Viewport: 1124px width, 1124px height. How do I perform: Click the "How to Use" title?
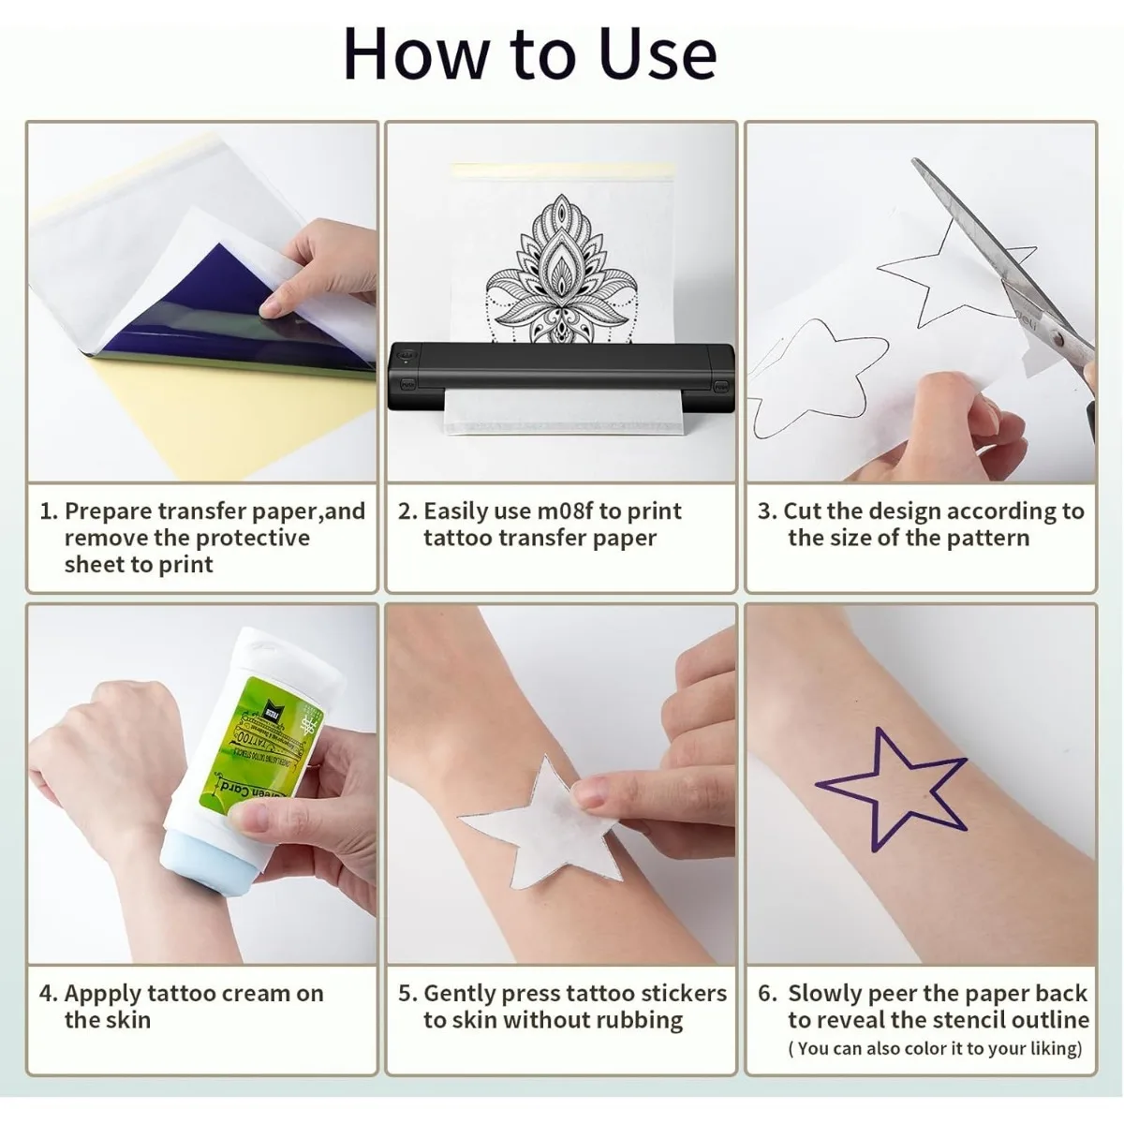[x=530, y=53]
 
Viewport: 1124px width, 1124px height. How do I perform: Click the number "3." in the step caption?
[x=767, y=511]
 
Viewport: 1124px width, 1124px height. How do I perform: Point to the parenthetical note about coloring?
[x=935, y=1048]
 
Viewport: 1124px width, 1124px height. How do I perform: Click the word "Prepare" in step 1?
[x=107, y=511]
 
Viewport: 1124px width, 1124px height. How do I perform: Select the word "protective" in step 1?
[x=252, y=539]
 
